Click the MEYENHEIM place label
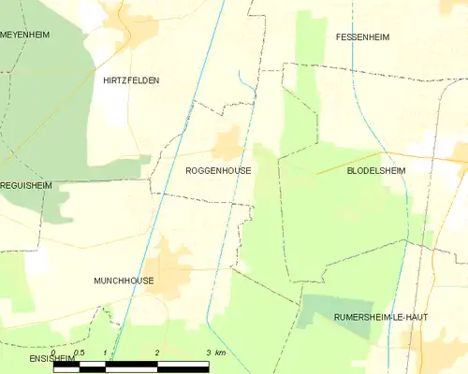coord(25,34)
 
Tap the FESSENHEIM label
coord(362,37)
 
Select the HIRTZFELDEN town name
coord(131,80)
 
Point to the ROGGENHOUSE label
coord(218,171)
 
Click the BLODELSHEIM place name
coord(381,171)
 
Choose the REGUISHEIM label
coord(26,186)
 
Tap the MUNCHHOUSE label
coord(124,280)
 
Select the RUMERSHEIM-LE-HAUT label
coord(381,317)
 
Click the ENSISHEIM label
coord(25,358)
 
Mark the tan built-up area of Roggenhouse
coord(227,145)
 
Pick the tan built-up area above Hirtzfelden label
coord(136,28)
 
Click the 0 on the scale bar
coord(54,352)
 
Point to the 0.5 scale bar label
coord(79,352)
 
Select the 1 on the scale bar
coord(105,352)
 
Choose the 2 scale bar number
coord(156,352)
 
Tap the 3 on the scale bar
coord(207,352)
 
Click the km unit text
coord(220,352)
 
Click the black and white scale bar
coord(131,364)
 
